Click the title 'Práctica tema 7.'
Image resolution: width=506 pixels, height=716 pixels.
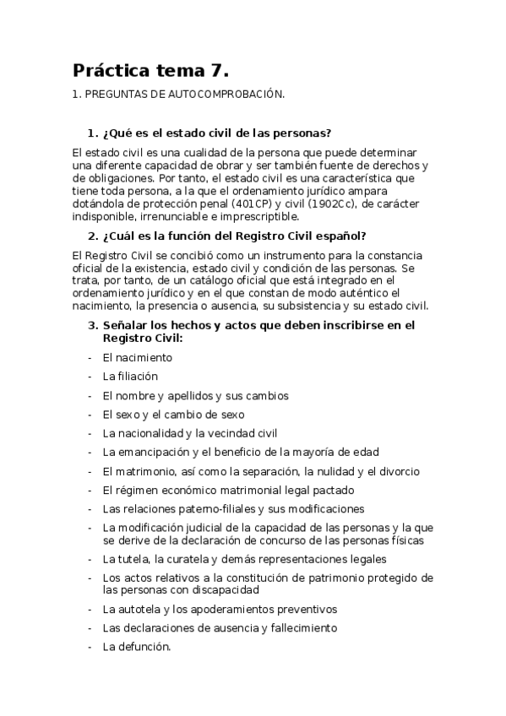click(x=150, y=70)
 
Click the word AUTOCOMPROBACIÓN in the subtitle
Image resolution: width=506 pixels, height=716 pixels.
click(x=228, y=96)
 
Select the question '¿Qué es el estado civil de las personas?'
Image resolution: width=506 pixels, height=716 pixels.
click(x=215, y=133)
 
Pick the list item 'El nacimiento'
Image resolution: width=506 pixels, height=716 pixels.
click(x=137, y=357)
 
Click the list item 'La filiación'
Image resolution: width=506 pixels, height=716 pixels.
click(x=130, y=376)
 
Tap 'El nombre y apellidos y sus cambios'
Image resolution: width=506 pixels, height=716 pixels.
click(x=195, y=395)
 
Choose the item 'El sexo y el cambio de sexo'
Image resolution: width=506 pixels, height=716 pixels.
click(x=173, y=414)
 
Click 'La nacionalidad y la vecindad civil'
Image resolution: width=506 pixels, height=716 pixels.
click(x=189, y=433)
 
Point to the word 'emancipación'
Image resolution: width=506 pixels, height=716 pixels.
click(x=152, y=452)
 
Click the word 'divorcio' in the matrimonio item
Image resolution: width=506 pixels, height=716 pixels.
click(x=399, y=471)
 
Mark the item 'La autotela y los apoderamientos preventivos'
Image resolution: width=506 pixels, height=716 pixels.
click(x=219, y=608)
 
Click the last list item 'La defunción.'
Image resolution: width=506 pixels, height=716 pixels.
click(x=137, y=647)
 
